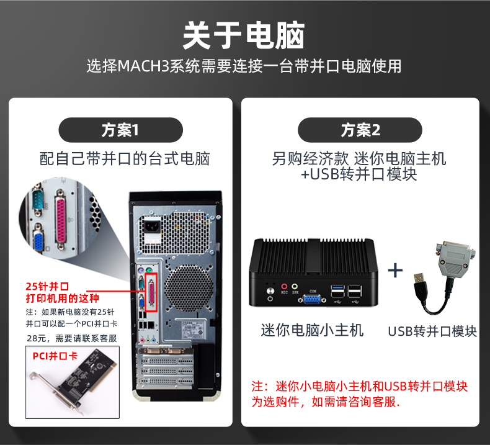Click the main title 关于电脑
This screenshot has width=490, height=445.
[243, 35]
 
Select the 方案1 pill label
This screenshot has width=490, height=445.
[120, 130]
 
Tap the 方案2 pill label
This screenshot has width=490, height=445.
[360, 130]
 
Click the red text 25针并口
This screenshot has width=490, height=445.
[47, 286]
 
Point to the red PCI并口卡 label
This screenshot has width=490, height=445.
[55, 356]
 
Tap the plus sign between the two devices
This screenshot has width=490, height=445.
[395, 270]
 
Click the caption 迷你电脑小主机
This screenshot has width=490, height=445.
[312, 331]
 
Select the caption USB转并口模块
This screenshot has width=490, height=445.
[432, 331]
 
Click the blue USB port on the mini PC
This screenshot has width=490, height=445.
[337, 287]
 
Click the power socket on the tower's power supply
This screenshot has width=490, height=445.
[152, 227]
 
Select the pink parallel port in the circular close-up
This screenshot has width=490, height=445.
[61, 220]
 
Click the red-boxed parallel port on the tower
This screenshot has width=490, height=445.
[151, 292]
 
